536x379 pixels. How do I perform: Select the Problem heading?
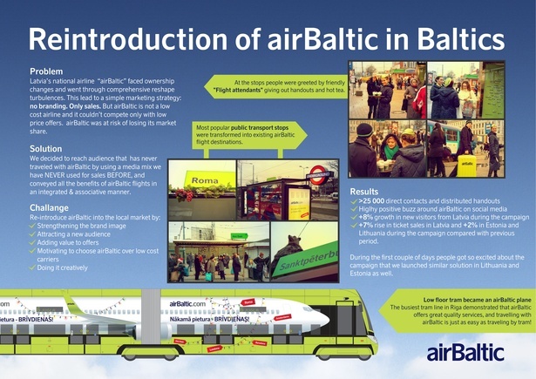[46, 71]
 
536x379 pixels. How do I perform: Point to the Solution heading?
[46, 149]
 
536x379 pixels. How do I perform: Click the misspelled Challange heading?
[51, 208]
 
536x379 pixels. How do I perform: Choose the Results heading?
[364, 191]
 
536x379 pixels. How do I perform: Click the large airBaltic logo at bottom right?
[465, 353]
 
